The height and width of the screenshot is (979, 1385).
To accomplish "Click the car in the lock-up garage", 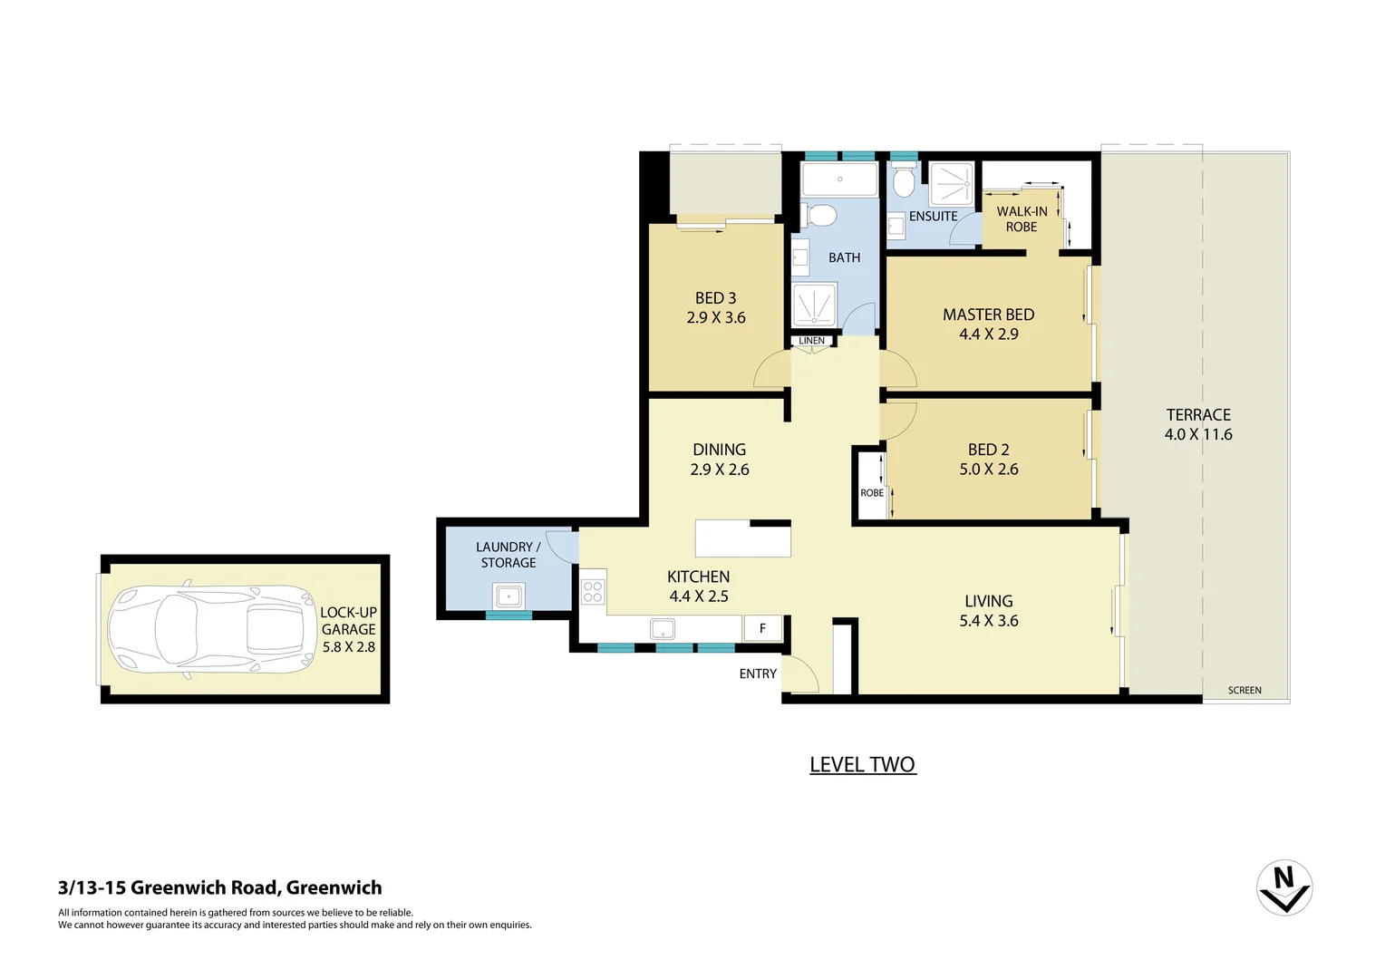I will [x=211, y=628].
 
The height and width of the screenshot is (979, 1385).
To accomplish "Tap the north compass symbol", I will [x=1283, y=887].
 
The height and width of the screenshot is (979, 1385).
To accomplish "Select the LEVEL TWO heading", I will [x=862, y=765].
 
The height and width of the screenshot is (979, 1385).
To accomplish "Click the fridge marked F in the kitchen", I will [x=762, y=628].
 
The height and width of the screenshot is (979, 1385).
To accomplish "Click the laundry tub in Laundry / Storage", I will [x=508, y=596].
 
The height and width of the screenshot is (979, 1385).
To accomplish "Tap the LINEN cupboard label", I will [x=811, y=341].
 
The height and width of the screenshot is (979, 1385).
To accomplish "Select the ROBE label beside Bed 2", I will [x=872, y=493].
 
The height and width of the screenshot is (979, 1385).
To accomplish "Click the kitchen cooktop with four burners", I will [x=593, y=592].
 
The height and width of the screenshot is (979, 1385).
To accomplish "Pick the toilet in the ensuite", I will [x=903, y=182].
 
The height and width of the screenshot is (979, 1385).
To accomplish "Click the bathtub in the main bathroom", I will [x=839, y=179].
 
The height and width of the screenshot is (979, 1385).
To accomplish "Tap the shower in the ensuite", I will [x=952, y=184].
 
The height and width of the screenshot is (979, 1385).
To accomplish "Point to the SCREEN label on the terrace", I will [x=1245, y=691].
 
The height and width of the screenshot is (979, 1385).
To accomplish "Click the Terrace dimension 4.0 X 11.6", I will [x=1198, y=435].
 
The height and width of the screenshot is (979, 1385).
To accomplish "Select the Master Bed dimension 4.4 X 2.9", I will [x=988, y=334].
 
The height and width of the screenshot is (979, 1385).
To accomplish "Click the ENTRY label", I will [x=758, y=674].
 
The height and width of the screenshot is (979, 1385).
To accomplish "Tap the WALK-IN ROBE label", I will [x=1022, y=219].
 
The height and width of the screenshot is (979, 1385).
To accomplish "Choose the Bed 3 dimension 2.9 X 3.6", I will [x=716, y=318].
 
